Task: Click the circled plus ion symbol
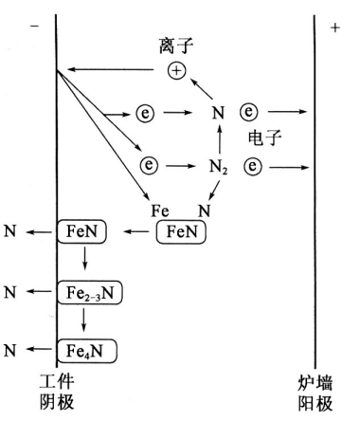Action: (176, 70)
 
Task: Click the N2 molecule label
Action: (218, 167)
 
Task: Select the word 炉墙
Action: (316, 382)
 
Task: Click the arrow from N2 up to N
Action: (217, 140)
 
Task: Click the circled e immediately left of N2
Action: (150, 166)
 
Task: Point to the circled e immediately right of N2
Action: (252, 167)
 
